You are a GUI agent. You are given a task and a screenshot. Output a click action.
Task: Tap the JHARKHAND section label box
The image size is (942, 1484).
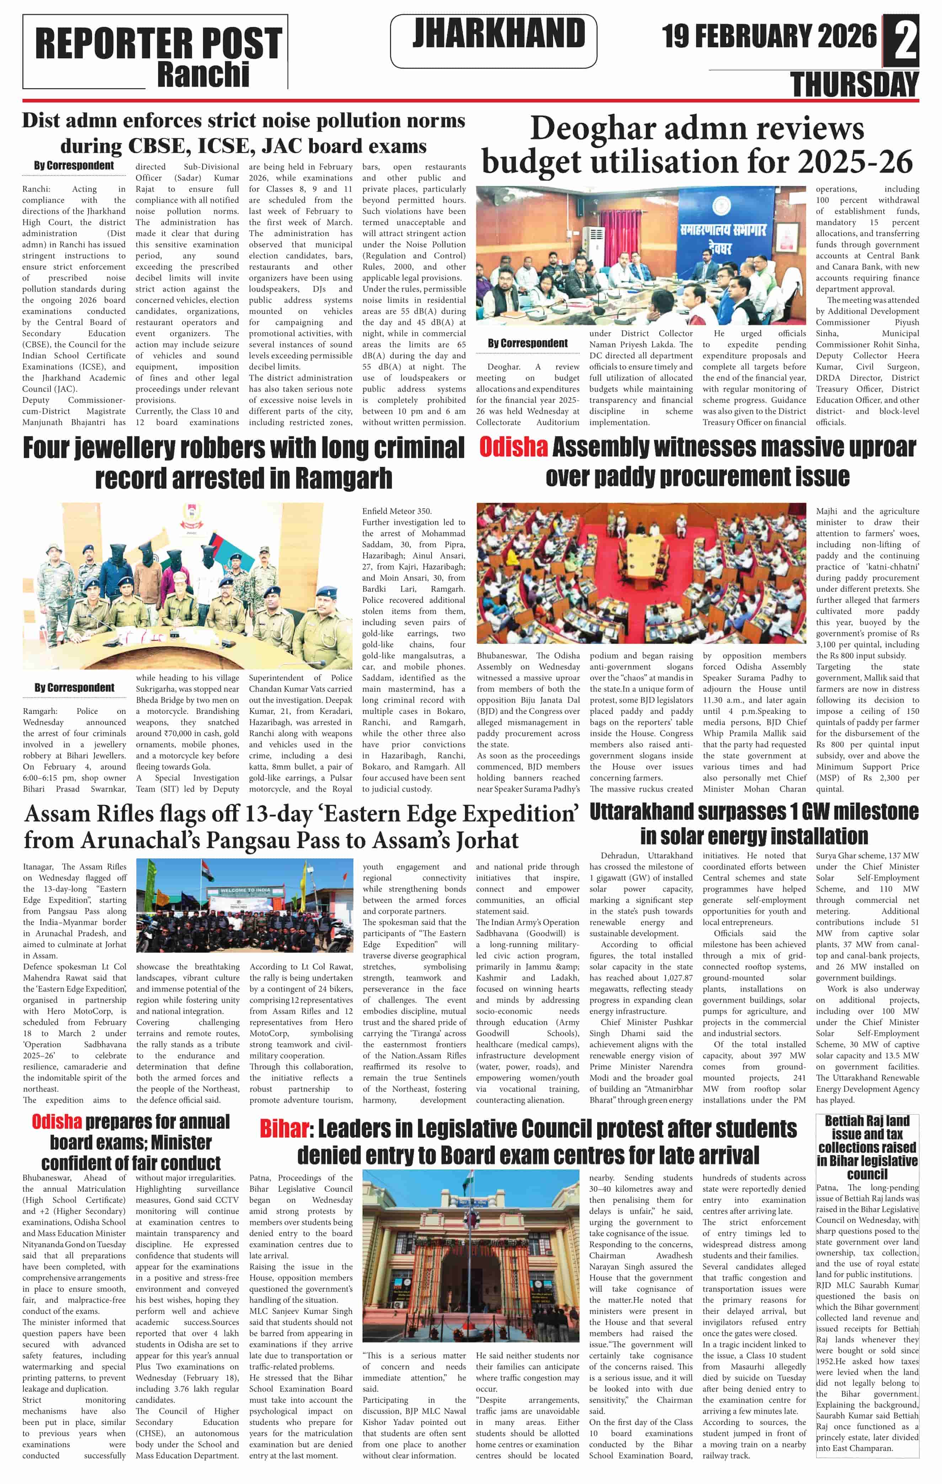[x=493, y=41]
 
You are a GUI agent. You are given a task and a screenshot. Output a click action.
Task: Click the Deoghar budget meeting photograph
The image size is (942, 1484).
[x=641, y=255]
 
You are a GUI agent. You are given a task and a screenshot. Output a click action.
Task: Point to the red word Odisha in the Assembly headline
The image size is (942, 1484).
[x=513, y=447]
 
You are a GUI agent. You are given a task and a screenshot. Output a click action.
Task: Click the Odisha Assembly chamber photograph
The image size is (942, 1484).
[x=641, y=573]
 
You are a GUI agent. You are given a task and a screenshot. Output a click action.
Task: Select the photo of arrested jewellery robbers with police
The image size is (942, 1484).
[x=172, y=586]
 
